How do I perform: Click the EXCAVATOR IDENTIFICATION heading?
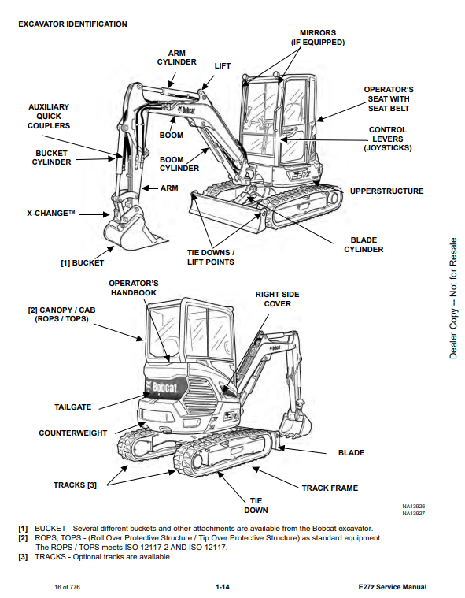click(x=72, y=24)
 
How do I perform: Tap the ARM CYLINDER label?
click(x=177, y=58)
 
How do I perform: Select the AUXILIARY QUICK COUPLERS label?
click(x=49, y=117)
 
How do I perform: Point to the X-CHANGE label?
click(x=50, y=214)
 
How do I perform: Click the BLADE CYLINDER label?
click(x=364, y=244)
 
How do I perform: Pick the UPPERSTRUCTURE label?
click(x=386, y=191)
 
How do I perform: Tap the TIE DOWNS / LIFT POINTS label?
click(x=211, y=258)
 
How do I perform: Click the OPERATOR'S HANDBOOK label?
click(x=133, y=288)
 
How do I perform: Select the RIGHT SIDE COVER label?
click(x=277, y=299)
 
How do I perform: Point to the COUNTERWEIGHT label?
click(x=72, y=433)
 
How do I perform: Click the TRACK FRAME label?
click(x=330, y=488)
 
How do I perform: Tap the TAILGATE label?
click(x=72, y=407)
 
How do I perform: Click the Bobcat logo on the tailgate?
click(x=161, y=388)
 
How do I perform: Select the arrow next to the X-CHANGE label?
click(x=94, y=214)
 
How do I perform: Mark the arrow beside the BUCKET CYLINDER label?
click(x=95, y=159)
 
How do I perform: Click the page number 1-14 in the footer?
click(x=223, y=587)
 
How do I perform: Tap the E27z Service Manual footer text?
click(x=393, y=587)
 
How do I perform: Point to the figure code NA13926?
click(x=414, y=507)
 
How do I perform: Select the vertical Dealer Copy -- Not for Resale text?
click(x=453, y=299)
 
